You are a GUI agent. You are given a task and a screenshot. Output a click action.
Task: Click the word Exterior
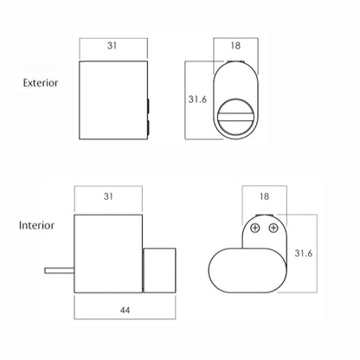point(41,83)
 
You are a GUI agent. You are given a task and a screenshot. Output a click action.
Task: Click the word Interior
point(36,225)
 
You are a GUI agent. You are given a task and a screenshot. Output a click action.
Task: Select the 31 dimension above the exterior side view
point(112,46)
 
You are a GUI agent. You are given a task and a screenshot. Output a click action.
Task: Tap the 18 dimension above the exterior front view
point(235,46)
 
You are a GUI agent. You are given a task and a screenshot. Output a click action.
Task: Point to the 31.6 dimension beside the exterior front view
point(197,100)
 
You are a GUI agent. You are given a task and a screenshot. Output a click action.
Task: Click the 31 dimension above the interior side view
point(108,196)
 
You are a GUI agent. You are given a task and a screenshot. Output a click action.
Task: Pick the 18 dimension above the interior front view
point(264,196)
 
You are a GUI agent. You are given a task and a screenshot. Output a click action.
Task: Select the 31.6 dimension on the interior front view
point(304,254)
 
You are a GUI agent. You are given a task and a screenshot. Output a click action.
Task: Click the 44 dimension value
point(125,311)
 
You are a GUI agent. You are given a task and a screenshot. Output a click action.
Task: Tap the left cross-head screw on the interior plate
point(255,228)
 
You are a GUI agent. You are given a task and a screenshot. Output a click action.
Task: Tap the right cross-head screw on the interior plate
point(273,228)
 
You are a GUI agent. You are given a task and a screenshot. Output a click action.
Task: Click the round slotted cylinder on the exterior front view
point(236,116)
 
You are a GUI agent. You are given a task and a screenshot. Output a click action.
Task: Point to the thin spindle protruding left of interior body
point(60,271)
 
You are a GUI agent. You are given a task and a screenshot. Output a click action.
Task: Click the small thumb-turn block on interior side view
point(159,271)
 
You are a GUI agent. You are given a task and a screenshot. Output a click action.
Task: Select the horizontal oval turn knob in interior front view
point(247,271)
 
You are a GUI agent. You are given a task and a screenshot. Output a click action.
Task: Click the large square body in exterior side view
point(113,100)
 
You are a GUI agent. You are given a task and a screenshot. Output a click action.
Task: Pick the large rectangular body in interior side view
point(108,254)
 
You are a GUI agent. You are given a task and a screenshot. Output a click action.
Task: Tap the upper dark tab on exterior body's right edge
point(149,106)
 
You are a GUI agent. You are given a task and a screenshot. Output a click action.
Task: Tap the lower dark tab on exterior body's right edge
point(149,128)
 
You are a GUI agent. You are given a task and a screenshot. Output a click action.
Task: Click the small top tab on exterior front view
point(235,61)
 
